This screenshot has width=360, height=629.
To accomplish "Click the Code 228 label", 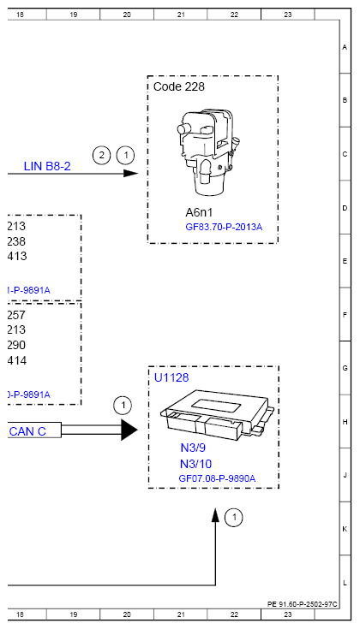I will pyautogui.click(x=179, y=86).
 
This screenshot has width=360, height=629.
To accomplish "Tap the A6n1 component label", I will pyautogui.click(x=201, y=212).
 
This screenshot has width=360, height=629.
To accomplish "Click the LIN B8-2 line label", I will pyautogui.click(x=46, y=166).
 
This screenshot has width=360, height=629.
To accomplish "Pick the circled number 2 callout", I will pyautogui.click(x=102, y=155).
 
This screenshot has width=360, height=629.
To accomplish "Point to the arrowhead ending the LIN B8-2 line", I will pyautogui.click(x=130, y=173).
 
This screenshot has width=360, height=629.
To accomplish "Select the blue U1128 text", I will pyautogui.click(x=171, y=377).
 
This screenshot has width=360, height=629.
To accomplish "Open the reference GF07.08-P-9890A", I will pyautogui.click(x=217, y=478).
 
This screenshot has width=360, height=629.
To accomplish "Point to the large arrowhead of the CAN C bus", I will pyautogui.click(x=129, y=430).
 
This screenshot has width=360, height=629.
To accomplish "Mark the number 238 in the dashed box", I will pyautogui.click(x=16, y=241).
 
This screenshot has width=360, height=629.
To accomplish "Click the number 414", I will pyautogui.click(x=16, y=360).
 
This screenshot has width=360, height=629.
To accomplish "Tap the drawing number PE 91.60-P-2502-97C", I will pyautogui.click(x=303, y=603).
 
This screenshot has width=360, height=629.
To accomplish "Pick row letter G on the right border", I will pyautogui.click(x=345, y=367).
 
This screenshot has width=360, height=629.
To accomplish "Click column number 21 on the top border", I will pyautogui.click(x=181, y=15).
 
